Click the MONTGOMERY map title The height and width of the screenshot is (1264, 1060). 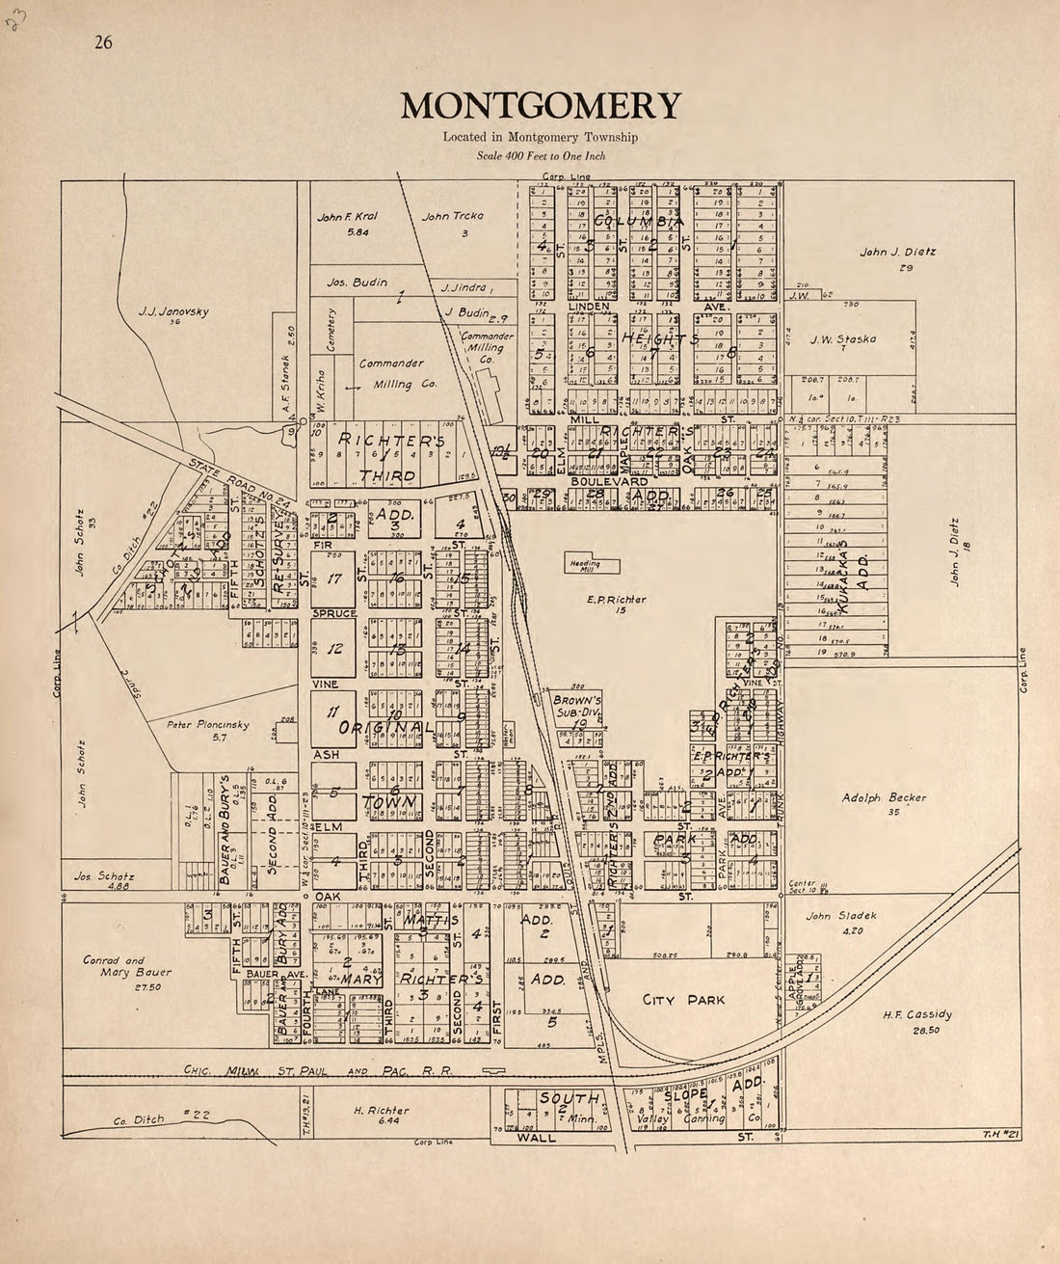click(x=541, y=105)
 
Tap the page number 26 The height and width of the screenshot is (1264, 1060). click(x=103, y=42)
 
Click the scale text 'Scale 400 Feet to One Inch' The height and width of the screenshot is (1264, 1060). click(x=541, y=155)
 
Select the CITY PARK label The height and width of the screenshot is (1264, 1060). click(x=683, y=1000)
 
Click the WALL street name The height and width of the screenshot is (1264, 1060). click(x=536, y=1138)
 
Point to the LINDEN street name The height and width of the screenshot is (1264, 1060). click(x=589, y=307)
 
